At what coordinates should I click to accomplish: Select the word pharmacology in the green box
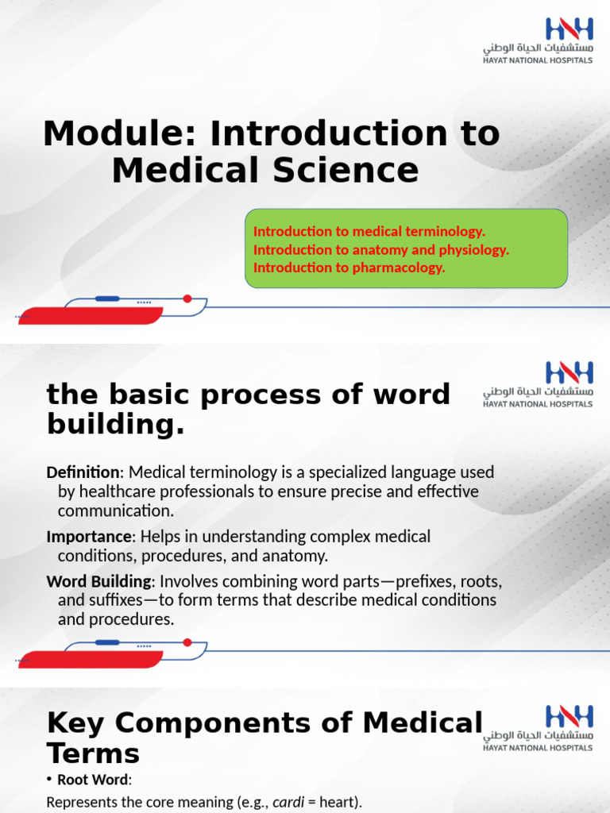point(400,268)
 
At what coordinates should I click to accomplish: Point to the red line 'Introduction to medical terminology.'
point(369,231)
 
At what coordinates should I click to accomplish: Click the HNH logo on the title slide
point(569,29)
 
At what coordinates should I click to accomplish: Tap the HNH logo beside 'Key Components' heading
point(569,718)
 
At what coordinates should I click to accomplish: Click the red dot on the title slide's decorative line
point(187,299)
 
